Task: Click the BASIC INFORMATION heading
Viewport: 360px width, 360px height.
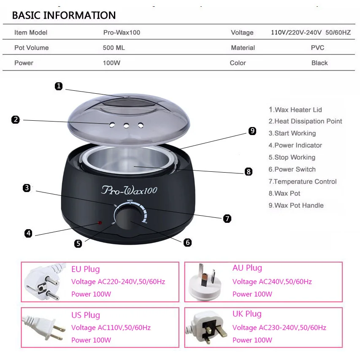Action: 64,15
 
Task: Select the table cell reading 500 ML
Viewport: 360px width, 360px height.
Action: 114,48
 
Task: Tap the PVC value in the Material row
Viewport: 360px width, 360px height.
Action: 317,48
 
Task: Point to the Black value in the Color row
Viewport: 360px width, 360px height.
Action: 319,63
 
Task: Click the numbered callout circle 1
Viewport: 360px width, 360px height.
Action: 59,86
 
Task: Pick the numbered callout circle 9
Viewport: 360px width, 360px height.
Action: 252,131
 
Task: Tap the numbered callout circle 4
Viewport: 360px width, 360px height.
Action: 28,233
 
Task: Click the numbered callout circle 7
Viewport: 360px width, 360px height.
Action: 227,218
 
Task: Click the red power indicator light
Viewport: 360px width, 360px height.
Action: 100,223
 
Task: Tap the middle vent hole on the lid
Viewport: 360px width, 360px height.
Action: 126,126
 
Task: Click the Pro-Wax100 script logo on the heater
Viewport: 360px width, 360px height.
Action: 129,190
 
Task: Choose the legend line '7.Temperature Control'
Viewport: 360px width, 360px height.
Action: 302,181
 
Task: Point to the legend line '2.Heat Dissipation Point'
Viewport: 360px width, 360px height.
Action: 305,121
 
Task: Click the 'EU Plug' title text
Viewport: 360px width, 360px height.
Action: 86,269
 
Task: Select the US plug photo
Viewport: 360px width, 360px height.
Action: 43,327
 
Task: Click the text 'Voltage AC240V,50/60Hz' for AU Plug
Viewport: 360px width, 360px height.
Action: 272,282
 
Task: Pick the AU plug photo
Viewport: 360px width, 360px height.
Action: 205,282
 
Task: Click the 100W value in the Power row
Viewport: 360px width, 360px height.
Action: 111,63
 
